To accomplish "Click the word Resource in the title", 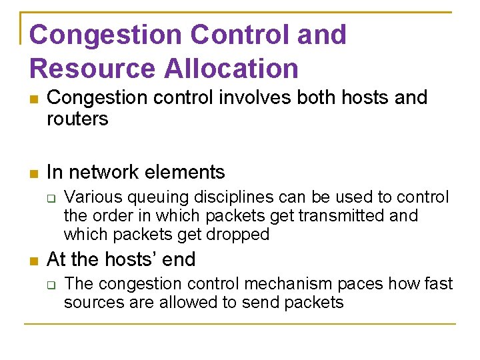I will click(83, 69).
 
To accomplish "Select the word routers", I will click(77, 119).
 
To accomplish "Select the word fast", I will click(437, 284).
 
